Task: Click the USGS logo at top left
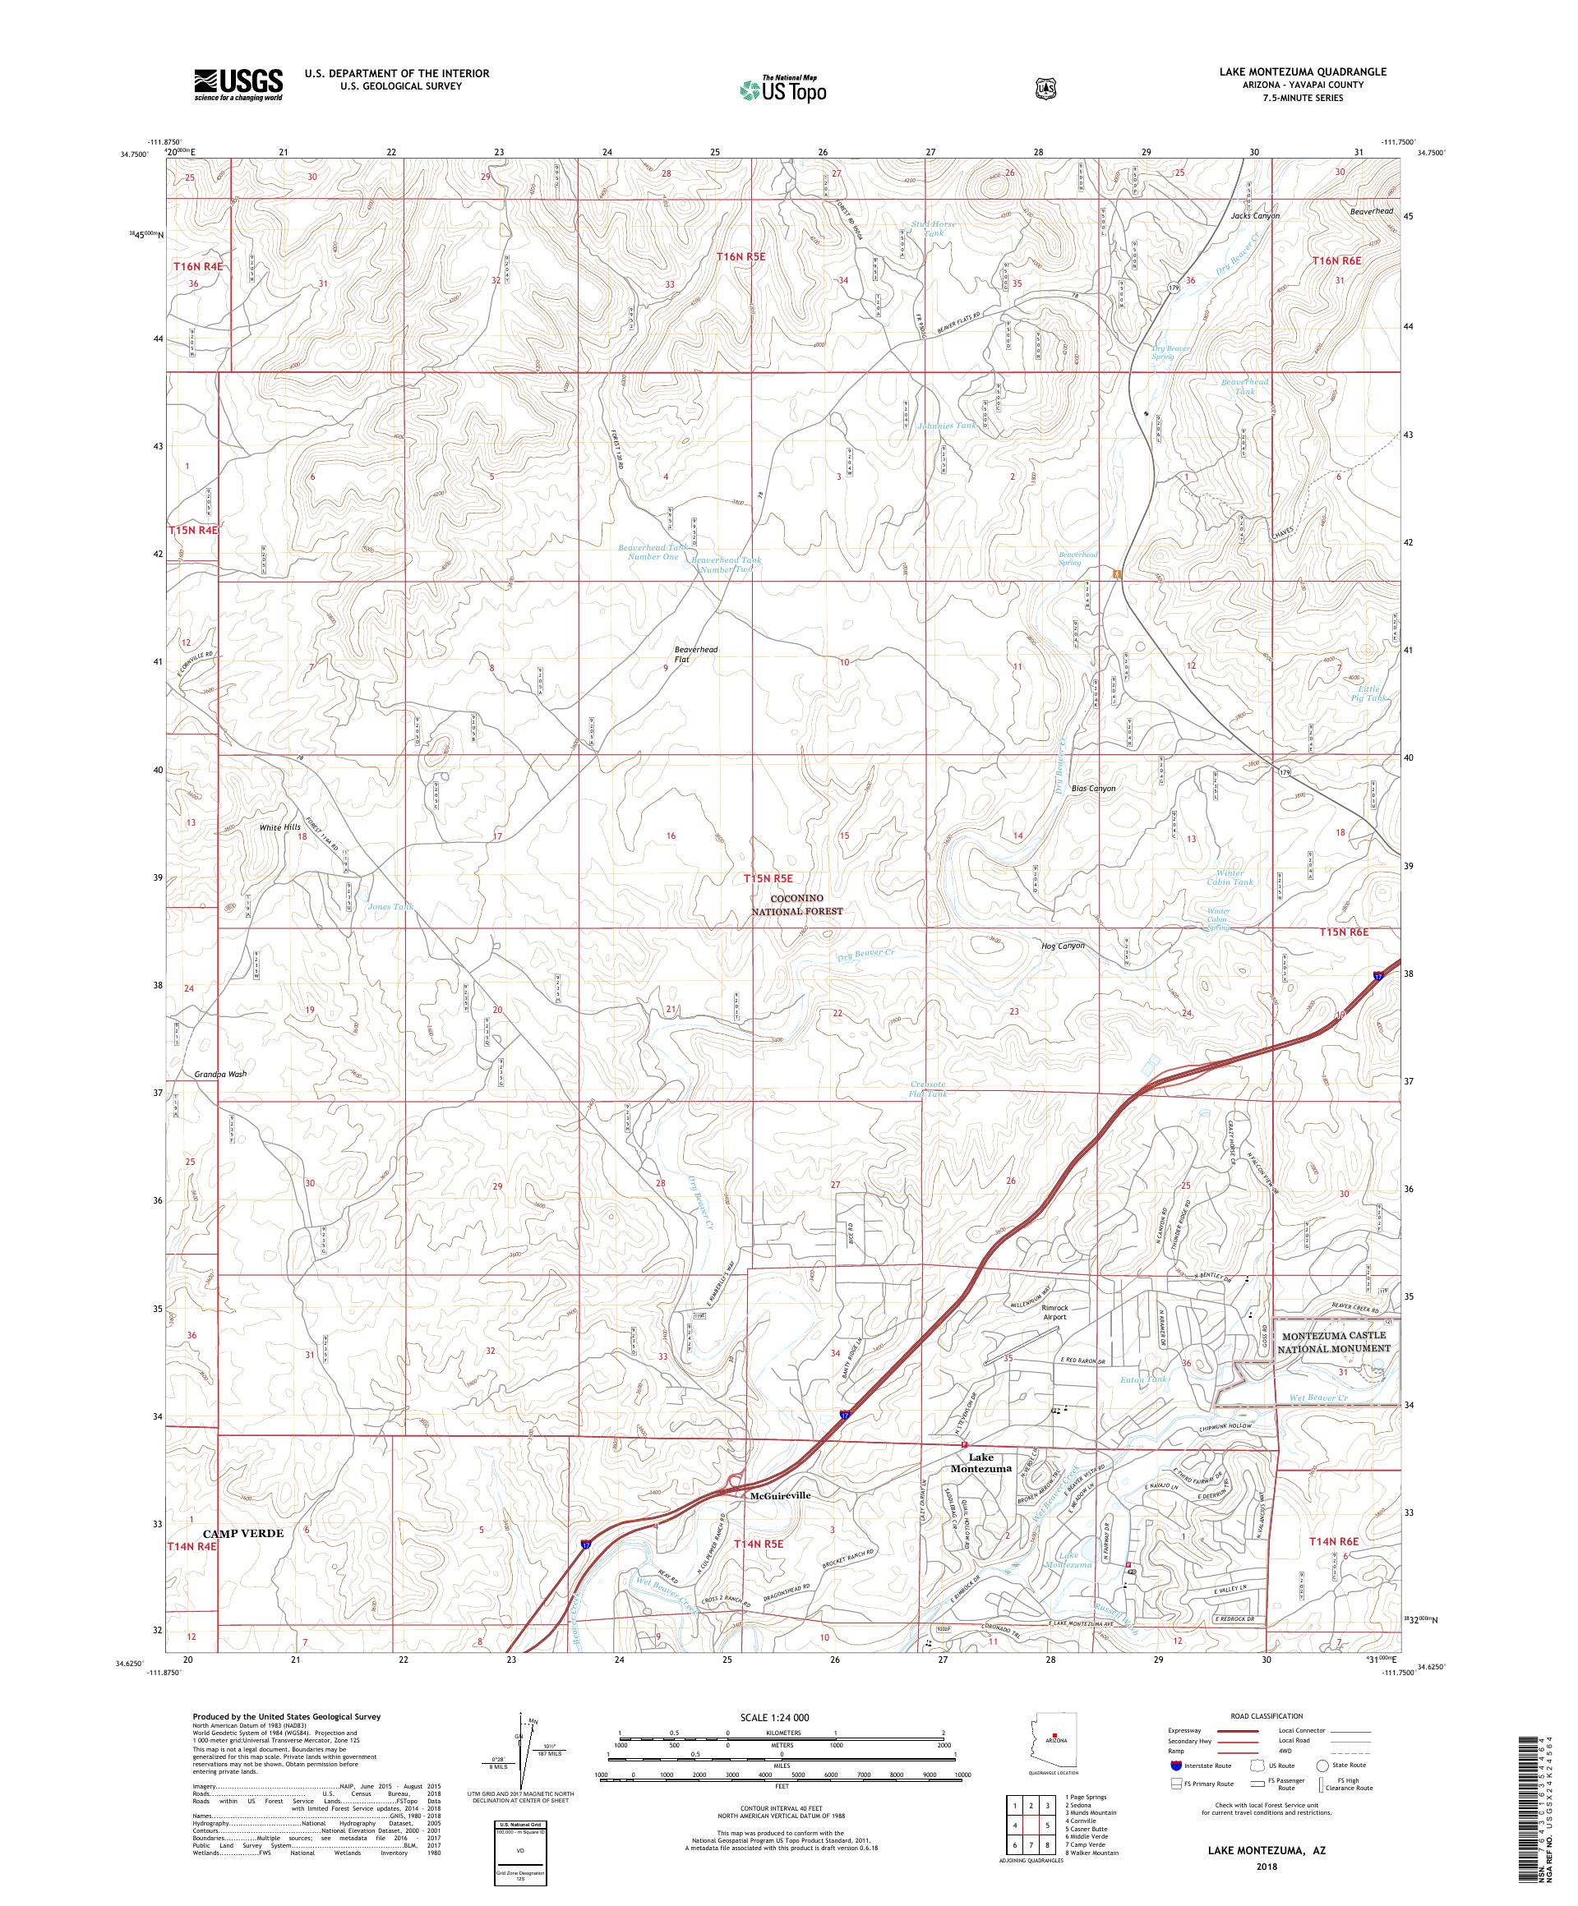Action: pyautogui.click(x=238, y=85)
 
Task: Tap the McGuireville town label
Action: pyautogui.click(x=780, y=1495)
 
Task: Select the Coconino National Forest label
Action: pyautogui.click(x=797, y=904)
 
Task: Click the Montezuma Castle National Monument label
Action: pyautogui.click(x=1334, y=1342)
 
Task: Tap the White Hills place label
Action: pyautogui.click(x=279, y=828)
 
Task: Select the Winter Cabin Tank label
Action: pyautogui.click(x=1230, y=877)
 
